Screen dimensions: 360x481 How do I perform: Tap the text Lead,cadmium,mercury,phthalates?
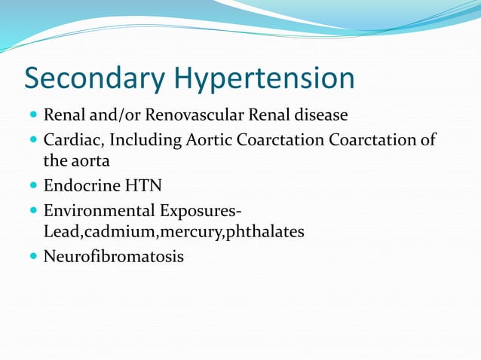click(174, 231)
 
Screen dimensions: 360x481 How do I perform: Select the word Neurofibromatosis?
click(114, 257)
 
